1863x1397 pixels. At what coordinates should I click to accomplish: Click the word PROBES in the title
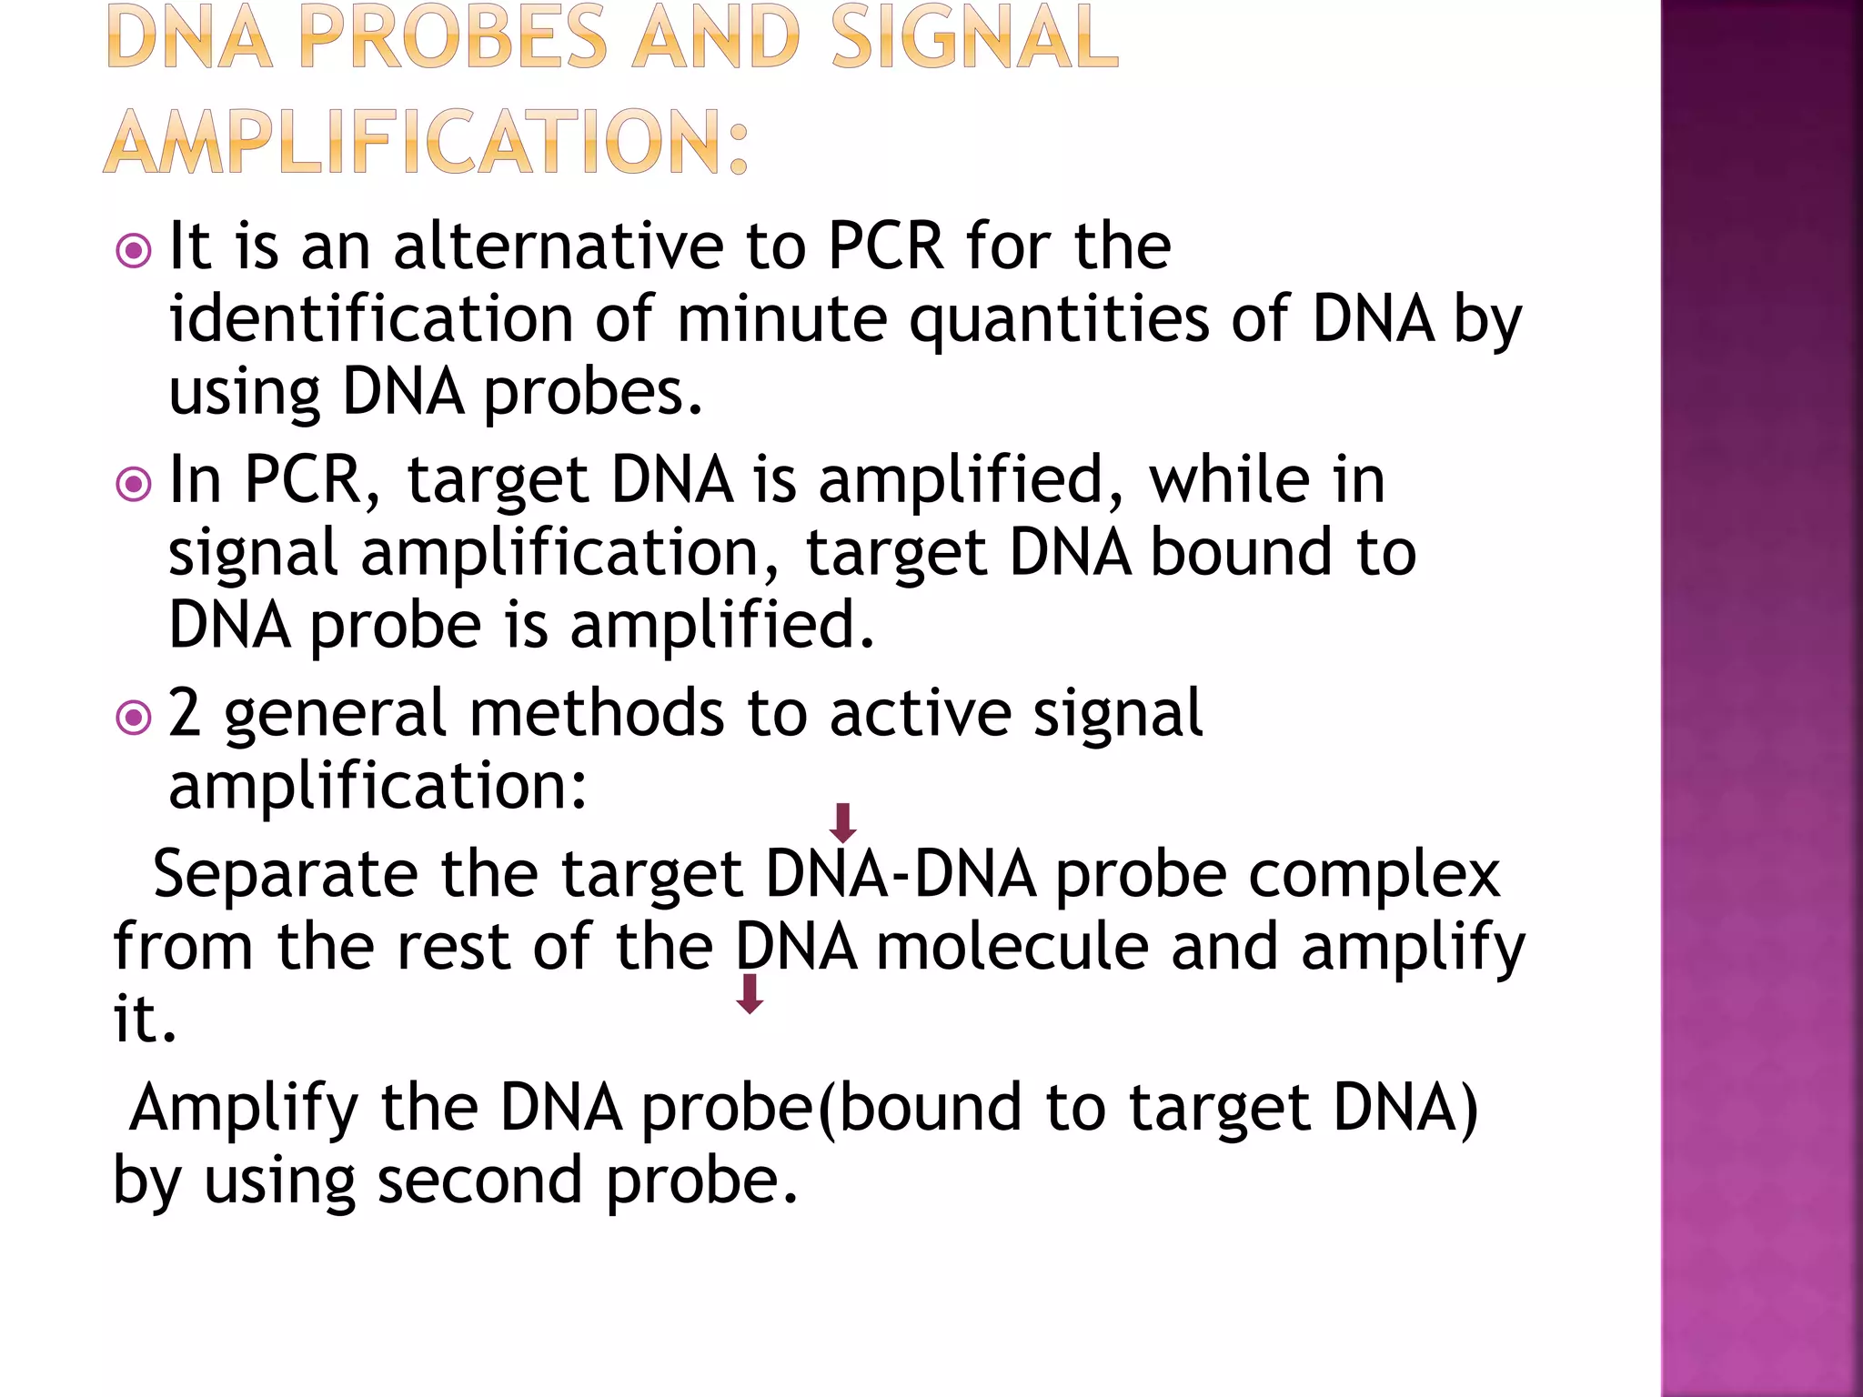[x=452, y=38]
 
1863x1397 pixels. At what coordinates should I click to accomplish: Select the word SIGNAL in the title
[x=974, y=38]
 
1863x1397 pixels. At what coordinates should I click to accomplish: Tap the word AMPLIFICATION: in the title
[x=427, y=142]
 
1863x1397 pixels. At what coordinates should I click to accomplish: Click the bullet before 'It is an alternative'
[x=134, y=250]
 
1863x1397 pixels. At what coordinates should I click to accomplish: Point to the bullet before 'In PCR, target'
[x=134, y=484]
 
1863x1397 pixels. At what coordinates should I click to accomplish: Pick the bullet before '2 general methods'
[x=134, y=718]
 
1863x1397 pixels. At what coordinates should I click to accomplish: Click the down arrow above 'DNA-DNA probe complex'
[x=843, y=822]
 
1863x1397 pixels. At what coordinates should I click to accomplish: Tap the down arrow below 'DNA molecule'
[x=750, y=993]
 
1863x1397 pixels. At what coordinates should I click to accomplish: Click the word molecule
[x=1012, y=947]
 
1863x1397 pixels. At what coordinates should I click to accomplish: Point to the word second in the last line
[x=479, y=1181]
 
